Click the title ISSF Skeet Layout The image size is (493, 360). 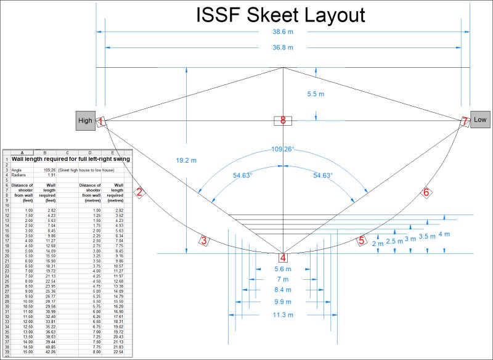coord(281,16)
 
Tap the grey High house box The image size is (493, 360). coord(85,121)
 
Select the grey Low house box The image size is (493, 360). coord(480,120)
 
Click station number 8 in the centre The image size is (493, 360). coord(283,121)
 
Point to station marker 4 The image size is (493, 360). coord(283,258)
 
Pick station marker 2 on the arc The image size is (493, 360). coord(140,192)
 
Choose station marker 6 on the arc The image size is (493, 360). coord(425,192)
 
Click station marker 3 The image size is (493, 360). coord(203,241)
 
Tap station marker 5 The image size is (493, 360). coord(362,240)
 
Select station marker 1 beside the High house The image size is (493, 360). coord(100,122)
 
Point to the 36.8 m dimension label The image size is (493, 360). coord(283,47)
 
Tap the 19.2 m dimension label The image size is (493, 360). coord(185,160)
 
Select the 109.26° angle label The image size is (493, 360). coord(283,149)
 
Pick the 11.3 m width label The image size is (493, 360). coord(283,315)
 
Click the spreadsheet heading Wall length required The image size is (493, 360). coord(73,158)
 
